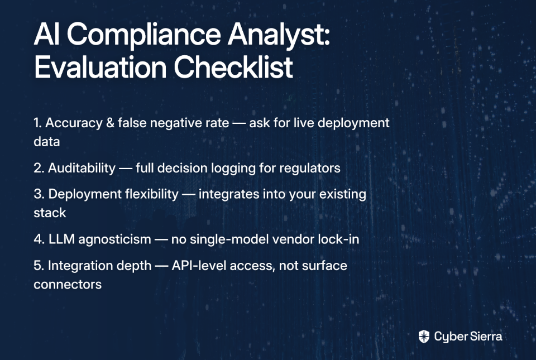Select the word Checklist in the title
pos(233,66)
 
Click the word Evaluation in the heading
pos(100,67)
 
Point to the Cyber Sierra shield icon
pos(424,337)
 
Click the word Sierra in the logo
pos(486,337)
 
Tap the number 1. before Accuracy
pos(37,123)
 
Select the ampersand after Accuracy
pos(110,123)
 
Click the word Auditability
pos(82,168)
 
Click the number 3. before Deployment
pos(39,194)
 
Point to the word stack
pos(50,213)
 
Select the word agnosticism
pos(114,239)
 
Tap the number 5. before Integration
pos(39,266)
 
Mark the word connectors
pos(68,285)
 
